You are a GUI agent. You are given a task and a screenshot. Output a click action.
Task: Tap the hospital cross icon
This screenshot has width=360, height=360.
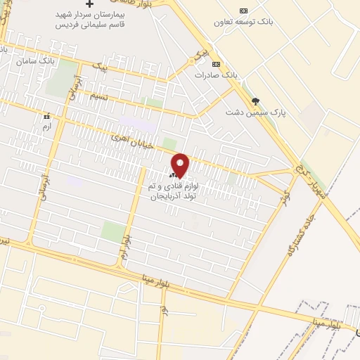point(89,4)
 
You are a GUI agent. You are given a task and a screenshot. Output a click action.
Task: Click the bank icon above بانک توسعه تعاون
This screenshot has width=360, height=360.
point(244,10)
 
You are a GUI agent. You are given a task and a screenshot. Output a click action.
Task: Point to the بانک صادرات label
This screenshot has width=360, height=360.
point(212,75)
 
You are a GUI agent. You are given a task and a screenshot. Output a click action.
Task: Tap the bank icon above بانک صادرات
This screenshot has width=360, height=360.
point(216,64)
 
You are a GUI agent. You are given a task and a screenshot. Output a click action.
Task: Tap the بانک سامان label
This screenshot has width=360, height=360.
point(38,62)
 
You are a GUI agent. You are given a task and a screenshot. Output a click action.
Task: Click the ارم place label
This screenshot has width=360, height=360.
point(46,126)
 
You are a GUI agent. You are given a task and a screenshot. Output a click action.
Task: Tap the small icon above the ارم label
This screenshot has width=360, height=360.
point(46,116)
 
